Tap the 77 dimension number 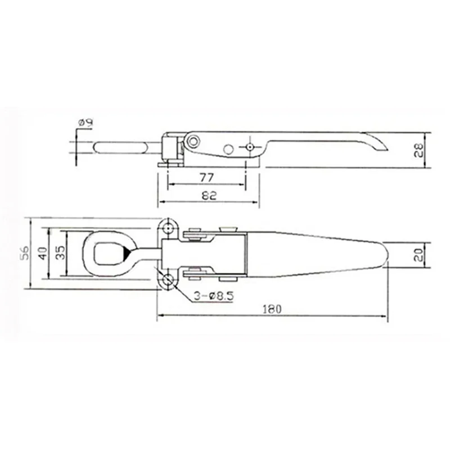click(x=206, y=177)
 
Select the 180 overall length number click(x=272, y=308)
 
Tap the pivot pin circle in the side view click(x=193, y=139)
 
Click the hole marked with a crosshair click(x=249, y=147)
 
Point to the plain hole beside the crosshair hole click(x=228, y=148)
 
